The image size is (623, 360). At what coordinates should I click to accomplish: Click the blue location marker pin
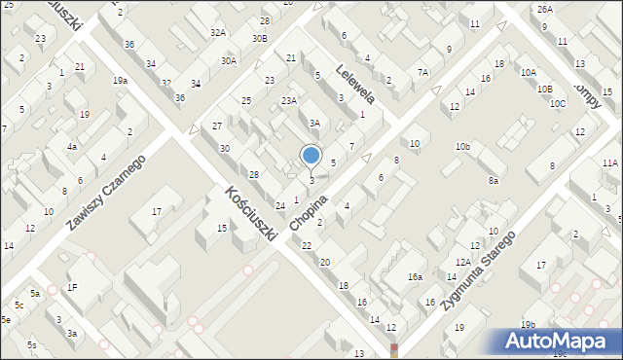pyautogui.click(x=311, y=156)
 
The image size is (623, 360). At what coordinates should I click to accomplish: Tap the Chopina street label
pyautogui.click(x=333, y=193)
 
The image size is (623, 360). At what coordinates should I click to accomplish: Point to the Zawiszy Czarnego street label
pyautogui.click(x=106, y=193)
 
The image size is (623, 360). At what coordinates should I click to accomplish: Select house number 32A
pyautogui.click(x=218, y=33)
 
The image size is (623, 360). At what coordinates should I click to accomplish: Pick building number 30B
pyautogui.click(x=259, y=38)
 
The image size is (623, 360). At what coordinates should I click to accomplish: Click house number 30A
pyautogui.click(x=228, y=60)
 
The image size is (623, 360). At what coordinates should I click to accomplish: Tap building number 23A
pyautogui.click(x=289, y=100)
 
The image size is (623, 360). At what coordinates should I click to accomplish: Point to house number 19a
pyautogui.click(x=120, y=81)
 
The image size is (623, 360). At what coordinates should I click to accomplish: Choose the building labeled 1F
pyautogui.click(x=72, y=287)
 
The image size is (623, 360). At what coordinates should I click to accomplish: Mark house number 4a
pyautogui.click(x=72, y=147)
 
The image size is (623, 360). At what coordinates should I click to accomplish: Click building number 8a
pyautogui.click(x=494, y=180)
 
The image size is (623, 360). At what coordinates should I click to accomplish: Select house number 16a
pyautogui.click(x=415, y=277)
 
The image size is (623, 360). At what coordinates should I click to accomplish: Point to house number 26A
pyautogui.click(x=544, y=9)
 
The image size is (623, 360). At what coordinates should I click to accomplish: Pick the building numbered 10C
pyautogui.click(x=557, y=103)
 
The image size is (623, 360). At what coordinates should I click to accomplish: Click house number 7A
pyautogui.click(x=422, y=72)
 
